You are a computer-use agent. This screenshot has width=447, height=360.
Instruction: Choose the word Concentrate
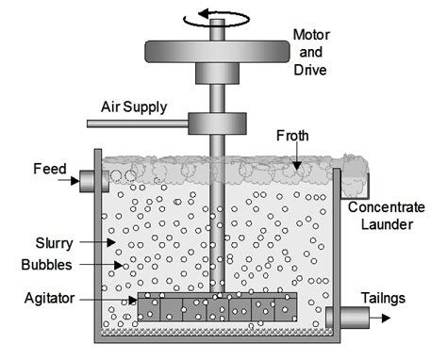pyautogui.click(x=389, y=206)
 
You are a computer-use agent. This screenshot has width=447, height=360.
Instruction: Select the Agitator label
pyautogui.click(x=58, y=300)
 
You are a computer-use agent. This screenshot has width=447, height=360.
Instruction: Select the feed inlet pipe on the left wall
pyautogui.click(x=90, y=179)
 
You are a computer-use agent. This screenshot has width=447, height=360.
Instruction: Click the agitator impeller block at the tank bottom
pyautogui.click(x=217, y=306)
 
